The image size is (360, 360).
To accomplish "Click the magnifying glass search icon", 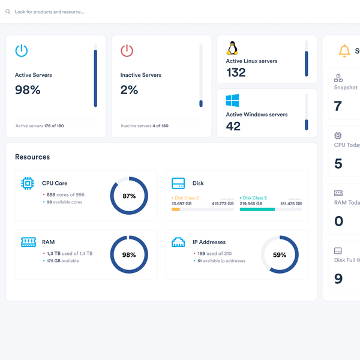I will (x=8, y=11).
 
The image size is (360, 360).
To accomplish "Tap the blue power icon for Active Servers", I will (x=22, y=50).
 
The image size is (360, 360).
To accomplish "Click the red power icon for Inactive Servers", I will (x=127, y=50).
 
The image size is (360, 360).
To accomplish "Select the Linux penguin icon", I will (x=232, y=49).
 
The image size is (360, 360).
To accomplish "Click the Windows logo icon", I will (x=232, y=101).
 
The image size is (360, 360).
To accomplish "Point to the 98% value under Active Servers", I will (x=28, y=90).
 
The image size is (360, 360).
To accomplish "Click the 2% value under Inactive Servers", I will (x=129, y=90).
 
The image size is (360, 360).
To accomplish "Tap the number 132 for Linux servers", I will (x=236, y=73).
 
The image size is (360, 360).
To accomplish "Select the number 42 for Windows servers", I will (x=233, y=126).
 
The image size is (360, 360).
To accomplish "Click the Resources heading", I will (x=32, y=157).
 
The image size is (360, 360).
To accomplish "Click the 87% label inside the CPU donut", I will (x=129, y=196).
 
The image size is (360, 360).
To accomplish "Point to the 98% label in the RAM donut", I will (x=129, y=254).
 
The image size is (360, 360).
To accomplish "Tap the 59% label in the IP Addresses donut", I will (x=280, y=254).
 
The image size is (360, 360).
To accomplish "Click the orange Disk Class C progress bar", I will (x=176, y=209).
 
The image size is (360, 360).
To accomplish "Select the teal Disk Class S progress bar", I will (x=257, y=209).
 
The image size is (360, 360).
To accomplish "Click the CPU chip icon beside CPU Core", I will (x=27, y=183).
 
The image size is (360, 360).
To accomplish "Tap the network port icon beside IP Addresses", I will (x=178, y=242).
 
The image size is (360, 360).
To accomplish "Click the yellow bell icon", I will (x=344, y=51).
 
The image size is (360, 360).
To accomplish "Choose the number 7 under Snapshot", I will (x=338, y=106).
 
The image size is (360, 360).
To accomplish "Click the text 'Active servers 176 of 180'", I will (x=40, y=126).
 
